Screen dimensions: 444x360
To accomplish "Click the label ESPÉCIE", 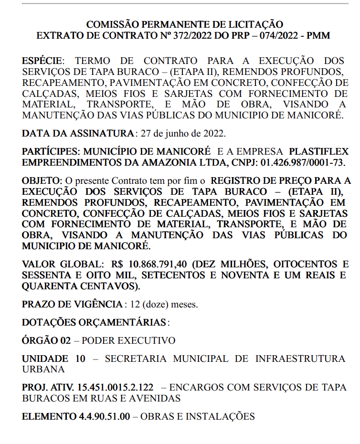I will [x=42, y=61].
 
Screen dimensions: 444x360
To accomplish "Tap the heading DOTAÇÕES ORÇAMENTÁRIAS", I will [x=95, y=322].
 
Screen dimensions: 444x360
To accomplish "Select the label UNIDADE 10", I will [x=53, y=359].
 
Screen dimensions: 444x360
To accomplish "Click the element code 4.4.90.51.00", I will [x=104, y=416].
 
